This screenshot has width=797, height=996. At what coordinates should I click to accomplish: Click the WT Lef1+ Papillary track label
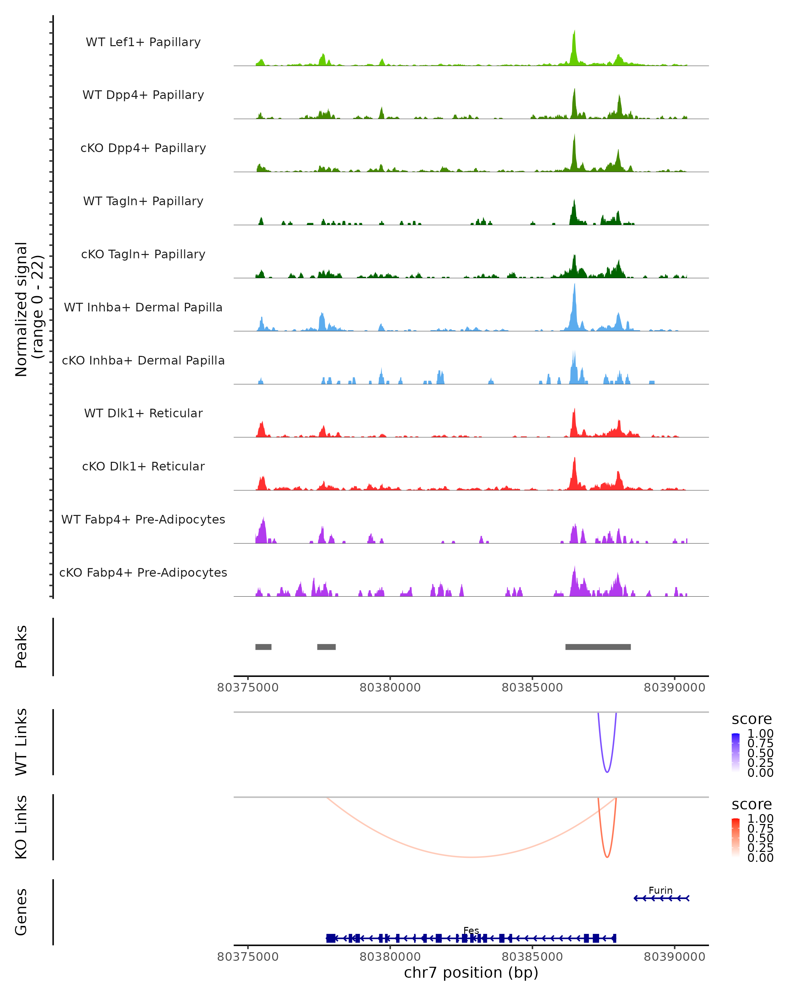click(143, 42)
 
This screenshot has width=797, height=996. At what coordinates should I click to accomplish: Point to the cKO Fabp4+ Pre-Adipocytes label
click(143, 572)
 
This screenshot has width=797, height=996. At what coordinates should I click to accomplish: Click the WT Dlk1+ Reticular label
click(143, 413)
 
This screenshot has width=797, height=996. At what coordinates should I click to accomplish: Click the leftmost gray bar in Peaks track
click(263, 647)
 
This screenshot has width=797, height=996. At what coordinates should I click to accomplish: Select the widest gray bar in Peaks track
click(598, 647)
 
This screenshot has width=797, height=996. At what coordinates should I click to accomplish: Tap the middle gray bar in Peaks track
click(326, 647)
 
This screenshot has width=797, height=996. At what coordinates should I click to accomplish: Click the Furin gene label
click(660, 890)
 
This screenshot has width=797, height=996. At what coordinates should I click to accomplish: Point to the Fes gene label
click(471, 930)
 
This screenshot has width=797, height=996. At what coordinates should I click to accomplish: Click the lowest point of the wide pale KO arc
click(471, 857)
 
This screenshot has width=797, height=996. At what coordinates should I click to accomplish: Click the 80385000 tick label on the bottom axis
click(532, 957)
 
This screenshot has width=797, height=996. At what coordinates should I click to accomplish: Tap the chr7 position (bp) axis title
click(471, 973)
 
